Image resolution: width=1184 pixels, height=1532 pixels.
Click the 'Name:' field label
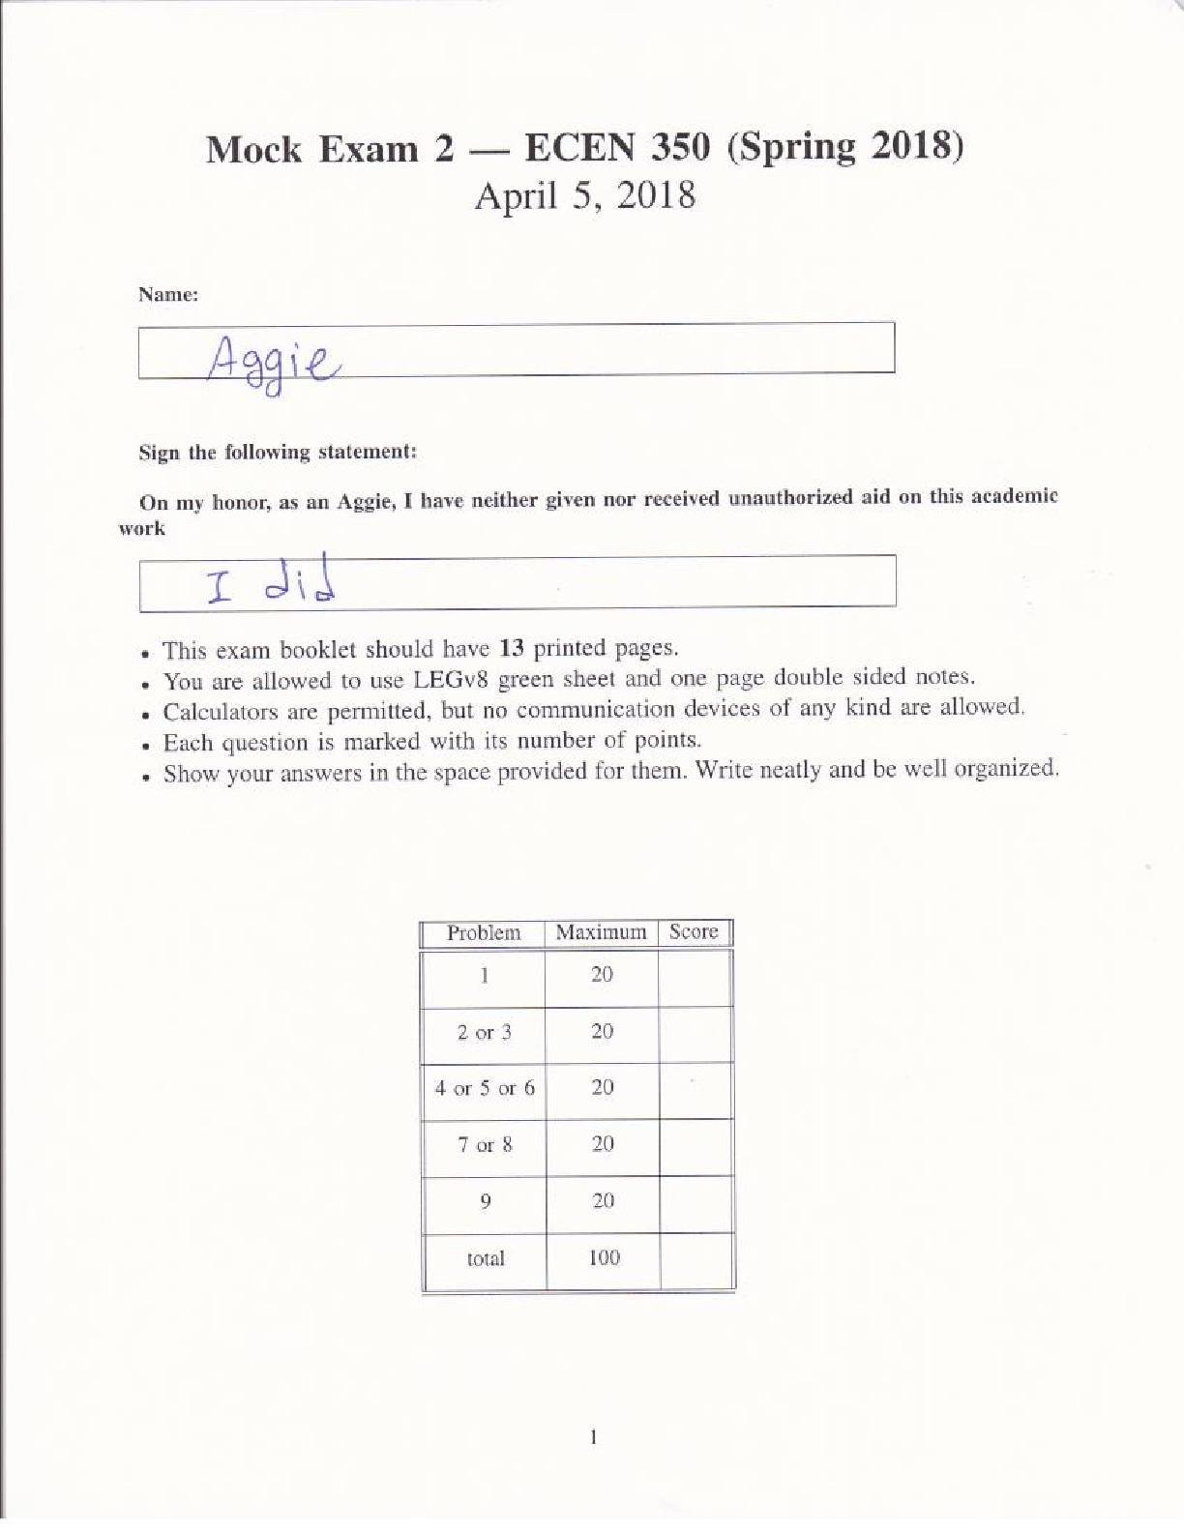(x=168, y=295)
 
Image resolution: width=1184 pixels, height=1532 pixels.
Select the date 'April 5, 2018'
(x=584, y=196)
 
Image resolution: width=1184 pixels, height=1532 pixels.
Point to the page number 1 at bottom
(x=593, y=1438)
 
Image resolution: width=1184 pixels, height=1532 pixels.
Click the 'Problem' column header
(x=484, y=933)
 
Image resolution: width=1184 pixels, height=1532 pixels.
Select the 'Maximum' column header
(x=601, y=932)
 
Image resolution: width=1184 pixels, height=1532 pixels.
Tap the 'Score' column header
(x=694, y=931)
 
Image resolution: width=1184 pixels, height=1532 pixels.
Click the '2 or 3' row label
(x=484, y=1033)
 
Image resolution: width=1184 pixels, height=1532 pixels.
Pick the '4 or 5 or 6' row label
(x=484, y=1089)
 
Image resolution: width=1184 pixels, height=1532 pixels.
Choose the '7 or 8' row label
(x=484, y=1146)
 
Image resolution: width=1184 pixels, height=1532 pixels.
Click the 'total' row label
(x=485, y=1259)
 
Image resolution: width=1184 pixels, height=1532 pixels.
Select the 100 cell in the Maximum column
(x=604, y=1258)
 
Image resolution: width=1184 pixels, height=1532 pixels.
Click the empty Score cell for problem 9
(x=696, y=1202)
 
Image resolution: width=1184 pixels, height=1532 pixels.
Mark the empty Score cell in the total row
(x=696, y=1259)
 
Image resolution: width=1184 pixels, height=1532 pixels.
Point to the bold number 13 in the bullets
(x=512, y=648)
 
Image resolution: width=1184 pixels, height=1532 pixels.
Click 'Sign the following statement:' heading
(x=278, y=453)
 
